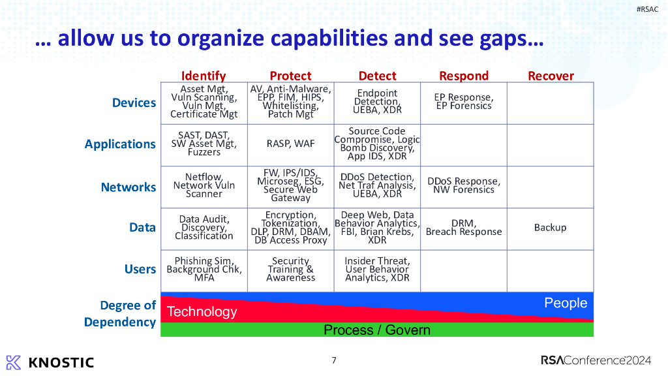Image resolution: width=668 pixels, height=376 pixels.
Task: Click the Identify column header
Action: [x=204, y=76]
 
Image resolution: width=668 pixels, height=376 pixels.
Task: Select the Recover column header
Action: [x=551, y=76]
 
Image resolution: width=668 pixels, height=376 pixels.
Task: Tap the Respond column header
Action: [x=464, y=76]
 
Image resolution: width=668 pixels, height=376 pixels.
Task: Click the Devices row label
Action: [x=134, y=102]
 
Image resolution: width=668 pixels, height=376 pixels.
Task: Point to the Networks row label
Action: [x=129, y=187]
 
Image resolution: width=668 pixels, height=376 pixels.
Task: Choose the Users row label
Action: [x=140, y=269]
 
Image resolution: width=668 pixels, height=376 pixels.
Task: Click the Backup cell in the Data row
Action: [x=550, y=227]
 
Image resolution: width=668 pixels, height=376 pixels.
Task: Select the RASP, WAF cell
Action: [x=290, y=144]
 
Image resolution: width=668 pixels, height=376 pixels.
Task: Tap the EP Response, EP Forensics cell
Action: [x=464, y=102]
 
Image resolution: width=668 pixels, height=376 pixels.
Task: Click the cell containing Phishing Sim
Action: [x=204, y=269]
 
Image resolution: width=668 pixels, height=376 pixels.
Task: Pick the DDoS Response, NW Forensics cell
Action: [x=464, y=185]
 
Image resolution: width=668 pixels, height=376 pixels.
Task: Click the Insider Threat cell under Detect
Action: [x=377, y=269]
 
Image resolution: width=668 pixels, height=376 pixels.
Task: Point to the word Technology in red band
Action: [x=202, y=311]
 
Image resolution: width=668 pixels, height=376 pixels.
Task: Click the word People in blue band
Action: [x=566, y=303]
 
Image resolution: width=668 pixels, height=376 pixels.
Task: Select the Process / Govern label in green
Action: [x=377, y=330]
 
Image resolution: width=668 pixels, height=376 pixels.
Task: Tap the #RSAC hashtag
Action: [x=647, y=8]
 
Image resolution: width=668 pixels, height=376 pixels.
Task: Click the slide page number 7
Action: [x=334, y=360]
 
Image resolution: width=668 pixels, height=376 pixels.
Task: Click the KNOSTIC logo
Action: [x=50, y=362]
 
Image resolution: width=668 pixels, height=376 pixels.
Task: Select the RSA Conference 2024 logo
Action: [x=596, y=360]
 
